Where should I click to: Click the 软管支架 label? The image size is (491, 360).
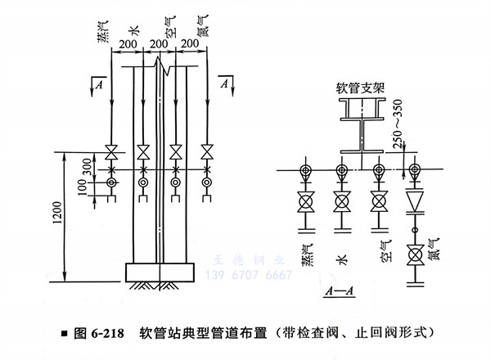click(360, 86)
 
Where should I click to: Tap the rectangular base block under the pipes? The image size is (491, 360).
click(160, 270)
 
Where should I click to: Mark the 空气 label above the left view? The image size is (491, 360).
click(173, 29)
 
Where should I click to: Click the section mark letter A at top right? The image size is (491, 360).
click(223, 80)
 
